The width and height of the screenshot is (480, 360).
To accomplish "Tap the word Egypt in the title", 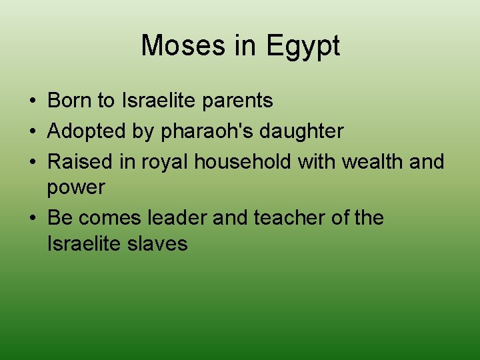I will [x=303, y=46].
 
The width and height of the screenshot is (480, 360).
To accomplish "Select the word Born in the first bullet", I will [x=69, y=101].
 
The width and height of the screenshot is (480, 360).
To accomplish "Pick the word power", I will [x=76, y=187].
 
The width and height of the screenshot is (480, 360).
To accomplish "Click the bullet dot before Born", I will [x=31, y=101].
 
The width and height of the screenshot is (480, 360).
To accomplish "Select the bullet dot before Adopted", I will [x=31, y=132].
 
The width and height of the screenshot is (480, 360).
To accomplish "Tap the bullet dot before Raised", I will [x=31, y=162].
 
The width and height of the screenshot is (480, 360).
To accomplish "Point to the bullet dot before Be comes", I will [x=31, y=219].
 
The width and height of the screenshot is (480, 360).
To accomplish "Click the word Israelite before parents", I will [x=159, y=101].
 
